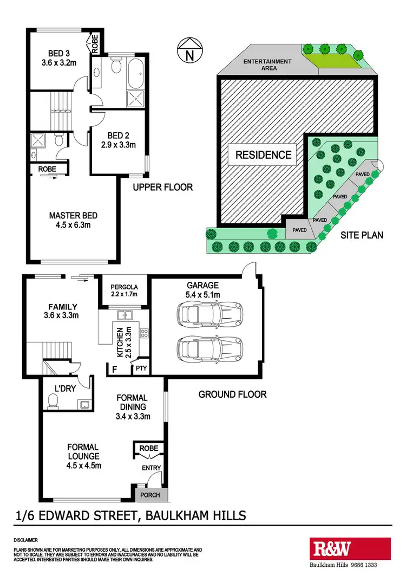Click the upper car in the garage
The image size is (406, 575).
tap(209, 313)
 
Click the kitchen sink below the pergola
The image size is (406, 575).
tap(126, 314)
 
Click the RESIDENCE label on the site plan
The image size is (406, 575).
tap(263, 155)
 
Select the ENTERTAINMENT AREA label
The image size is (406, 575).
tap(267, 65)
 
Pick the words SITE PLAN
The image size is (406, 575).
tap(362, 235)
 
